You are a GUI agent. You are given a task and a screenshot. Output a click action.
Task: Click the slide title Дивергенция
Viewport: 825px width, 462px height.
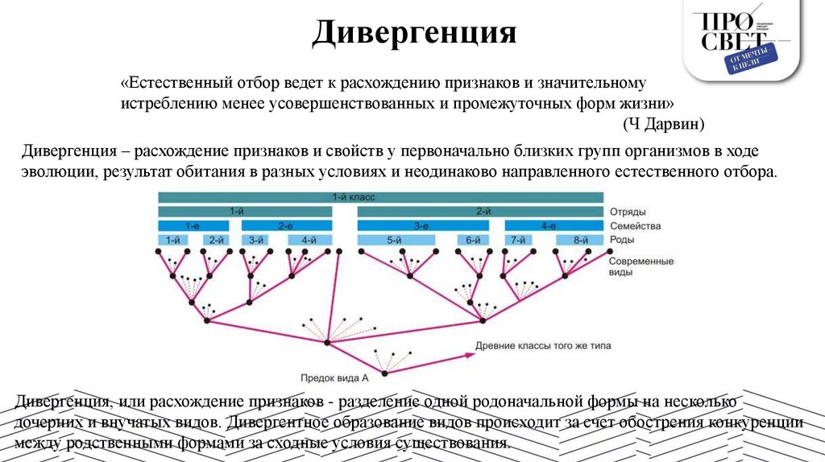413,33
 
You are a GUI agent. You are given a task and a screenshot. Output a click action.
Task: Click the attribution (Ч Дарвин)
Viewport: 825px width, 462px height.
664,123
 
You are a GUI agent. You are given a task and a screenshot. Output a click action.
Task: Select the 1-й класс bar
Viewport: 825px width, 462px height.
380,197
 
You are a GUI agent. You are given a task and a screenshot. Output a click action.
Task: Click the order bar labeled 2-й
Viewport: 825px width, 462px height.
481,212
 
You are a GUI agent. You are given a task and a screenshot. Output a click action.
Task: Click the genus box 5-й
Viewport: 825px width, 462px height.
394,240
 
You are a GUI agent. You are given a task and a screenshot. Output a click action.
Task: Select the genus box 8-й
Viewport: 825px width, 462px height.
580,240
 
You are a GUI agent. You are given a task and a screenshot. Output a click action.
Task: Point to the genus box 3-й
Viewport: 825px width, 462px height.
256,240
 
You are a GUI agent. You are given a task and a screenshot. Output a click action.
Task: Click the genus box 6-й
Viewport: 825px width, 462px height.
473,240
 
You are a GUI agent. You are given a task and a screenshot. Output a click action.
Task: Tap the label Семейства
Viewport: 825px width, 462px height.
636,226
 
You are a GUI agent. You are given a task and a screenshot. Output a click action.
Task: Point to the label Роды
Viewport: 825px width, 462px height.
622,240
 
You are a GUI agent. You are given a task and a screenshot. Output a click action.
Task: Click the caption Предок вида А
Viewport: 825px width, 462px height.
335,377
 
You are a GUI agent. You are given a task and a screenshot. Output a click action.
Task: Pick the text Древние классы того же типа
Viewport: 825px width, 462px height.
543,346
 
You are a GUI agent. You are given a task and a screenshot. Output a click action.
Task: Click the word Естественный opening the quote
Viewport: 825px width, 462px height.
177,83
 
